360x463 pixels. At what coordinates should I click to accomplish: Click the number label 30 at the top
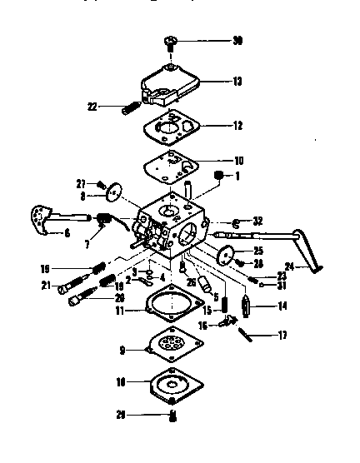pos(237,41)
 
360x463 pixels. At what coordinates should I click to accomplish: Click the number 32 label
pos(257,221)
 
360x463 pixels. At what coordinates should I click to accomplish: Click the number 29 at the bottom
pos(122,414)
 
